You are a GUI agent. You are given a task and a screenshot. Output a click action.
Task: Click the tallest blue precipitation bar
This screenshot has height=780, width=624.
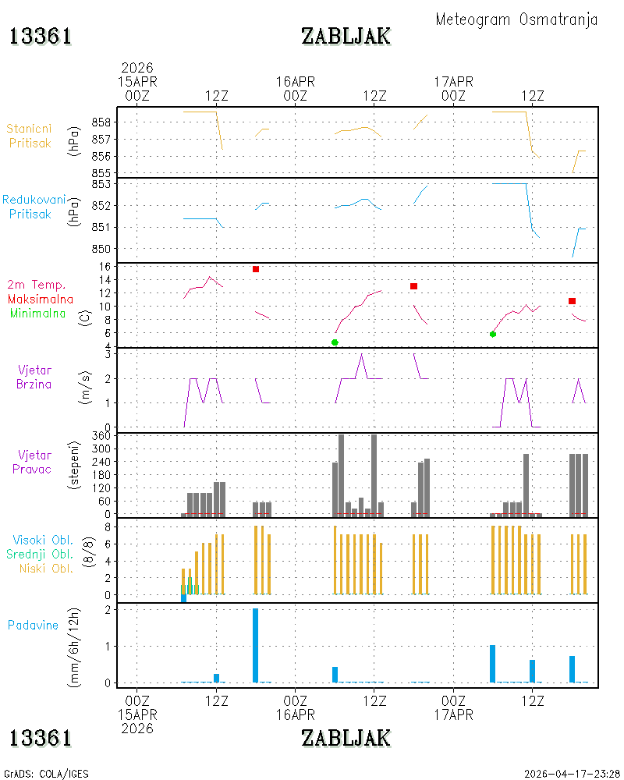[x=255, y=645]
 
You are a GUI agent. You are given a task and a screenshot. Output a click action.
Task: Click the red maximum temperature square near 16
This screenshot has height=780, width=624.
[x=256, y=269]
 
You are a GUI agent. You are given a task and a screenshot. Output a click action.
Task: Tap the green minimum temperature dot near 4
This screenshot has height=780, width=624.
[x=335, y=342]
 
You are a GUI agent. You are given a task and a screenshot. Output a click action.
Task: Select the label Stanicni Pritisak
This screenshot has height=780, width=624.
[x=30, y=136]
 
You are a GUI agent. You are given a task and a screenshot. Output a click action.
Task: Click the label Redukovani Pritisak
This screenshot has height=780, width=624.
[x=34, y=207]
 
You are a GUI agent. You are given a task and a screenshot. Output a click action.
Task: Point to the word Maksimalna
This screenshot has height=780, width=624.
[x=41, y=299]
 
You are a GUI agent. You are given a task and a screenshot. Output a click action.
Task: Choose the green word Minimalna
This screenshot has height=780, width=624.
[x=37, y=314]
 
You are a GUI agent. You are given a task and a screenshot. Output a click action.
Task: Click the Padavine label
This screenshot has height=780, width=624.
[x=33, y=626]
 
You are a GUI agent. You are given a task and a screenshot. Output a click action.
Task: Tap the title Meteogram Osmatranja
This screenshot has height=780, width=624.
[x=516, y=19]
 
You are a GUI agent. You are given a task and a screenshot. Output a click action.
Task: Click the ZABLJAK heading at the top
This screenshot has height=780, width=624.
[x=346, y=37]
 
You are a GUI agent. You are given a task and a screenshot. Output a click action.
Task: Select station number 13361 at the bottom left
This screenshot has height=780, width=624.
[x=41, y=738]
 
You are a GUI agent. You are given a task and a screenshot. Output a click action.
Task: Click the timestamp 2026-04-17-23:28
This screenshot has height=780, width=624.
[x=572, y=774]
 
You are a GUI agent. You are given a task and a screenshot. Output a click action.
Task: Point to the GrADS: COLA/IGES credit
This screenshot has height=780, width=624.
[x=46, y=774]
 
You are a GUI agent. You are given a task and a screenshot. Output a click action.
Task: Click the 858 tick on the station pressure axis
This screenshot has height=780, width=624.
[x=101, y=122]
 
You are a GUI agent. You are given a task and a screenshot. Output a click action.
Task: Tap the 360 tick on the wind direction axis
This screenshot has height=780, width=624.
[x=101, y=436]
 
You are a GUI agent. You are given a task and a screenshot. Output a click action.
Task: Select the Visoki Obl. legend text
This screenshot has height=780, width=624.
[x=43, y=540]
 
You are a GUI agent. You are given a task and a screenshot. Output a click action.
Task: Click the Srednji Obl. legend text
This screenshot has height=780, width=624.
[x=40, y=554]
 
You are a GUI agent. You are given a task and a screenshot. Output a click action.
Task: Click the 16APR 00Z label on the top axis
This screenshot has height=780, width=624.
[x=296, y=89]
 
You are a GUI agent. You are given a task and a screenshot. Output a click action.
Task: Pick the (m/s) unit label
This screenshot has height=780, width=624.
[x=86, y=388]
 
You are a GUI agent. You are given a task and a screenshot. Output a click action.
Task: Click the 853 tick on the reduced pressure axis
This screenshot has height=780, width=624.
[x=101, y=184]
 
